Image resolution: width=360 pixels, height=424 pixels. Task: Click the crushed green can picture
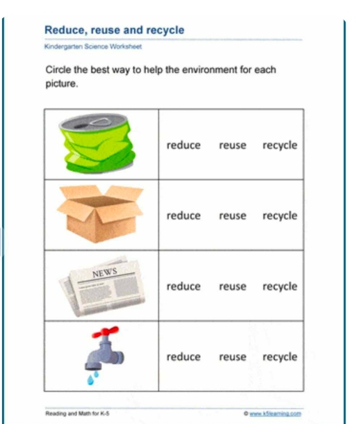point(100,144)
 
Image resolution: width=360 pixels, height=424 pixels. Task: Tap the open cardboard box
point(99,213)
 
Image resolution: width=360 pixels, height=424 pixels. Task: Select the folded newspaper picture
point(103,286)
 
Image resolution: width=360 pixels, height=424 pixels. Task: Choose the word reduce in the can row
point(183,145)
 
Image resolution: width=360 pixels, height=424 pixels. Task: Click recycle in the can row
point(279,145)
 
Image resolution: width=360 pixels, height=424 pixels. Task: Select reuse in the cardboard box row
point(233,216)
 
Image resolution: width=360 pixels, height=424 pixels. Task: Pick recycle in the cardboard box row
point(279,216)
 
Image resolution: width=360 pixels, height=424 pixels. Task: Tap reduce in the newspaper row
point(183,286)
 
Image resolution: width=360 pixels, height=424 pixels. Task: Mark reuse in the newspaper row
point(233,286)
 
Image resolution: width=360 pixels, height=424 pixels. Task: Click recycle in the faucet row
point(279,357)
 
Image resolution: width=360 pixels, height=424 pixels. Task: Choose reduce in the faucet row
point(183,357)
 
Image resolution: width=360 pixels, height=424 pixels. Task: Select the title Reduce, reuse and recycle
point(114,31)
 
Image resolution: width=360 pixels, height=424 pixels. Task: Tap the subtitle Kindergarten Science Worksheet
point(92,47)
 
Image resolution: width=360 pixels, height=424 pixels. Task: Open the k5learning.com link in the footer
point(276,413)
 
